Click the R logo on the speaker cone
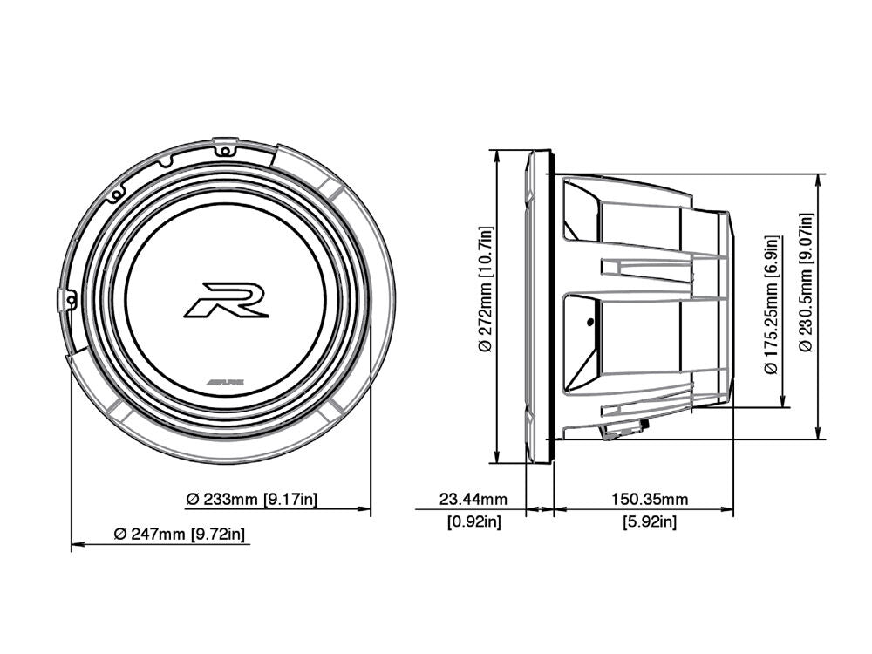pyautogui.click(x=226, y=300)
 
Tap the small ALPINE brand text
pyautogui.click(x=225, y=382)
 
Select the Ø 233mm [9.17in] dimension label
pyautogui.click(x=251, y=500)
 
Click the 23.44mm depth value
pyautogui.click(x=473, y=500)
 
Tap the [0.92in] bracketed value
pyautogui.click(x=473, y=522)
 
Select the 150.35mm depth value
pyautogui.click(x=649, y=500)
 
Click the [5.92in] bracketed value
pyautogui.click(x=649, y=522)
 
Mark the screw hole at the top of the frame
pyautogui.click(x=225, y=150)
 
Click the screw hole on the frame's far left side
pyautogui.click(x=68, y=299)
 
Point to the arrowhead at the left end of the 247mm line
pyautogui.click(x=76, y=544)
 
